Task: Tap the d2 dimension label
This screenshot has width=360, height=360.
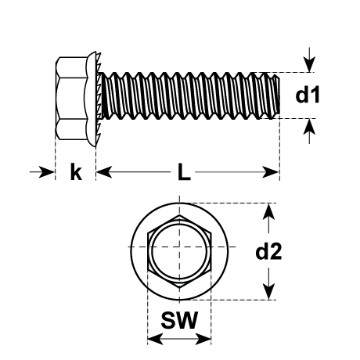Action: coord(268,251)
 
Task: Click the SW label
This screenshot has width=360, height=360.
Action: coord(179,320)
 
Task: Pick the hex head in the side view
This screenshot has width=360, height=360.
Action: coord(74,95)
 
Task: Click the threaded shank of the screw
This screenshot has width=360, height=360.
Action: coord(188,95)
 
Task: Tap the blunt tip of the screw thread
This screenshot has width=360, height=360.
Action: coord(276,95)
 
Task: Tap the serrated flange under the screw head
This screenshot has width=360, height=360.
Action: coord(95,95)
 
